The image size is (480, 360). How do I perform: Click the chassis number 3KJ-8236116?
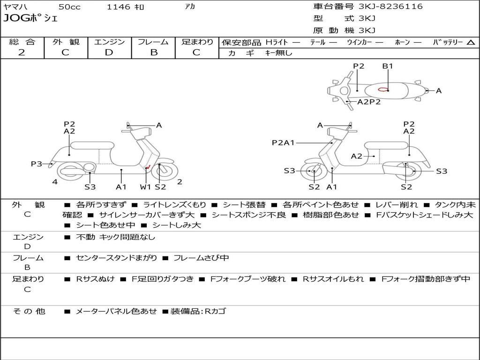[x=390, y=6]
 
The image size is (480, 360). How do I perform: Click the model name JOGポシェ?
[x=30, y=18]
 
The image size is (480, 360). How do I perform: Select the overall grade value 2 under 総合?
[x=22, y=52]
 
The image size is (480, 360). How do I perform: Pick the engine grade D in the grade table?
[x=109, y=52]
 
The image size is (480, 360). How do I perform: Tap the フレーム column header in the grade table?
[x=153, y=42]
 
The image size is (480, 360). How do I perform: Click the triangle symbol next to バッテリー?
[x=471, y=43]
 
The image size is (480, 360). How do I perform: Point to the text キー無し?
[x=278, y=53]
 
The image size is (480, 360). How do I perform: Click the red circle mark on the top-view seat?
[x=383, y=90]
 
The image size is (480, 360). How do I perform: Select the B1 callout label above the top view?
[x=388, y=66]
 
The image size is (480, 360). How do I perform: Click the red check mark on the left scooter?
[x=149, y=167]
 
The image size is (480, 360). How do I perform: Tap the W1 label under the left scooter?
[x=145, y=187]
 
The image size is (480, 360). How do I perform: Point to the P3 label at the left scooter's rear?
[x=37, y=164]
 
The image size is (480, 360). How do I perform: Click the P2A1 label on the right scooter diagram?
[x=283, y=142]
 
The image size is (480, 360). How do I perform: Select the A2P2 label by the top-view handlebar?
[x=369, y=102]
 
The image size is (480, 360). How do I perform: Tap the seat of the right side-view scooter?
[x=386, y=145]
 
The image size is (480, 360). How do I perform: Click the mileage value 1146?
[x=118, y=7]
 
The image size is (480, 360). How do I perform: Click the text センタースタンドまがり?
[x=116, y=258]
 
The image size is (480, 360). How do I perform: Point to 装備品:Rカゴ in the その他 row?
[x=198, y=311]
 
